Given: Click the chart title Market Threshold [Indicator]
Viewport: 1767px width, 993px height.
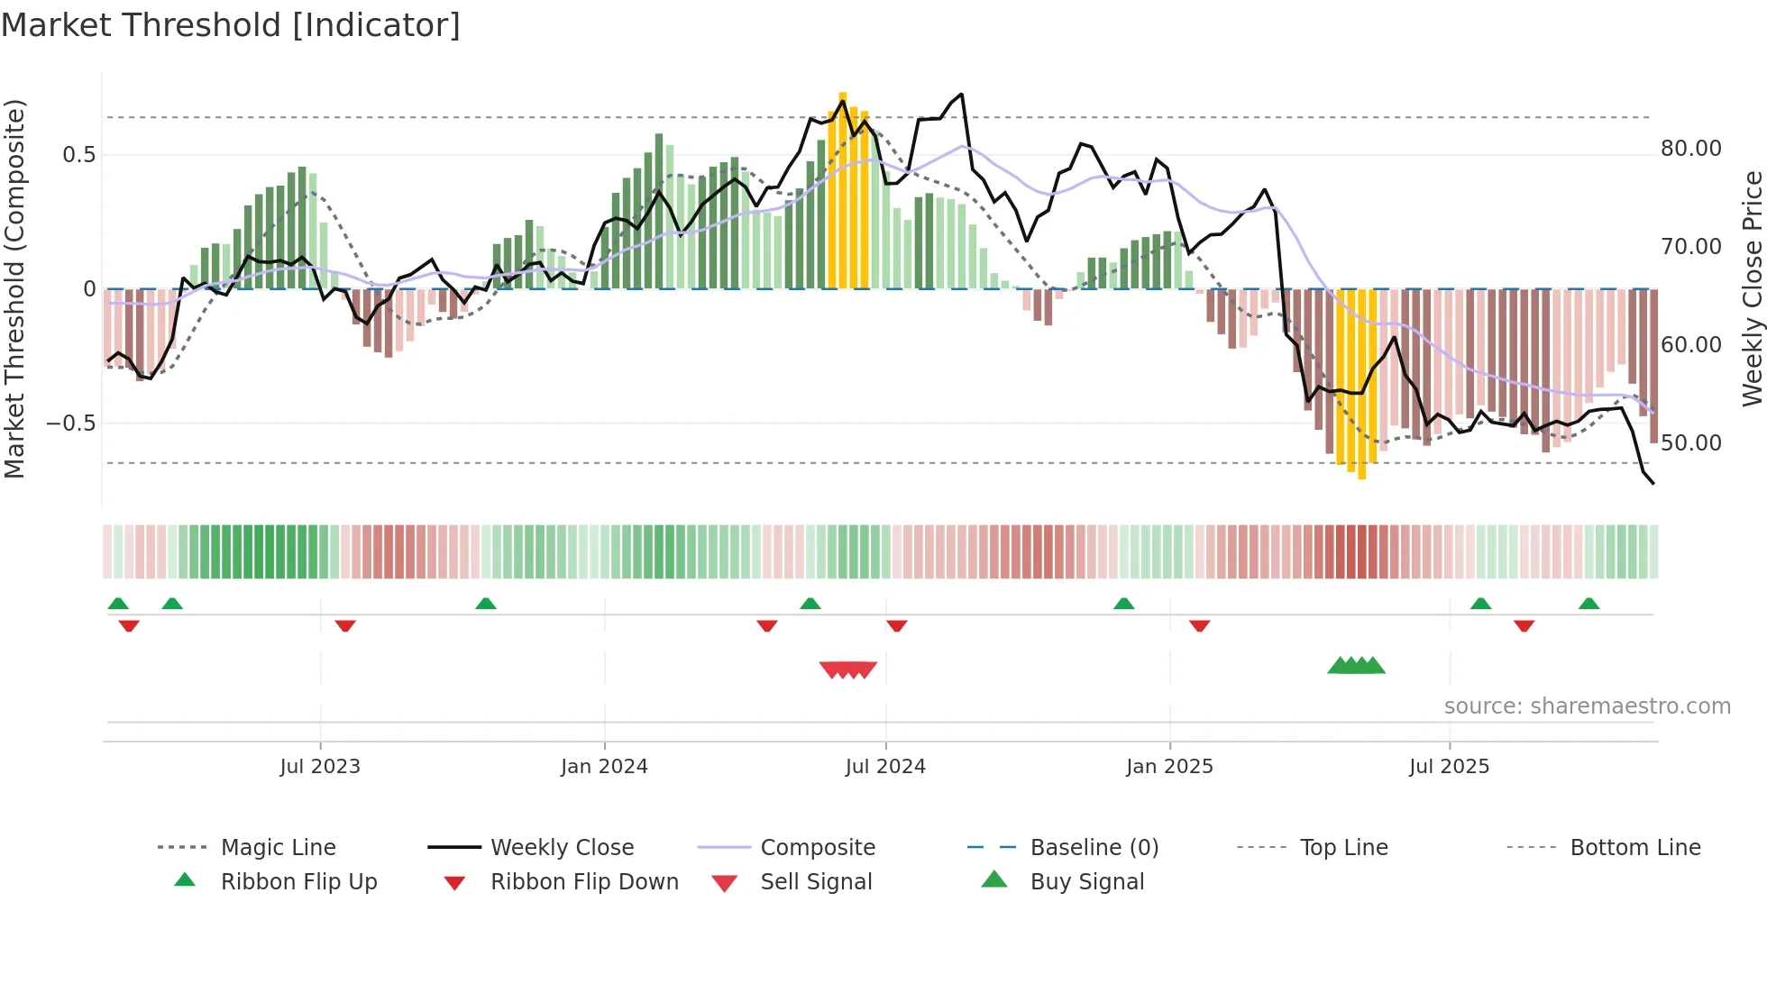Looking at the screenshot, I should coord(231,25).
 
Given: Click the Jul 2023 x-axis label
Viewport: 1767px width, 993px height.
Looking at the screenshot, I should coord(320,767).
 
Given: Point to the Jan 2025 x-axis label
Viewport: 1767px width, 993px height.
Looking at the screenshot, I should coord(1169,767).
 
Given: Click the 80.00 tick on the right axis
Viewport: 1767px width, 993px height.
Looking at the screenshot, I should coord(1690,149).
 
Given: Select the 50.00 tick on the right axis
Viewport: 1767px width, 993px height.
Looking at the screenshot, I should coord(1690,443).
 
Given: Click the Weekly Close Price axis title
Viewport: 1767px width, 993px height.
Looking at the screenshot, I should coord(1752,288).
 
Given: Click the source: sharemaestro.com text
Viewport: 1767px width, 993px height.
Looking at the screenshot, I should coord(1587,706).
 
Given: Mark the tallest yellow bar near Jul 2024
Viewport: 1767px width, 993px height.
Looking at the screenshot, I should coord(843,189).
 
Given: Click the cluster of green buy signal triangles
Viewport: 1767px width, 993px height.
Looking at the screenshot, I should coord(1356,667).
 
